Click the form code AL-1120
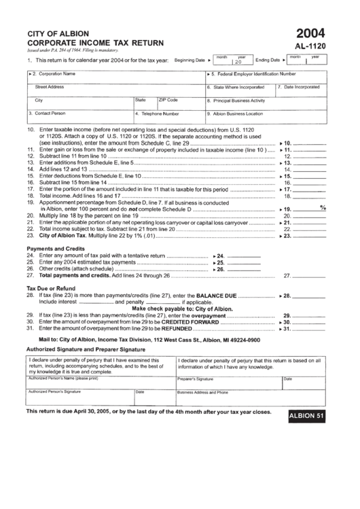[311, 47]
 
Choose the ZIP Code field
[179, 102]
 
